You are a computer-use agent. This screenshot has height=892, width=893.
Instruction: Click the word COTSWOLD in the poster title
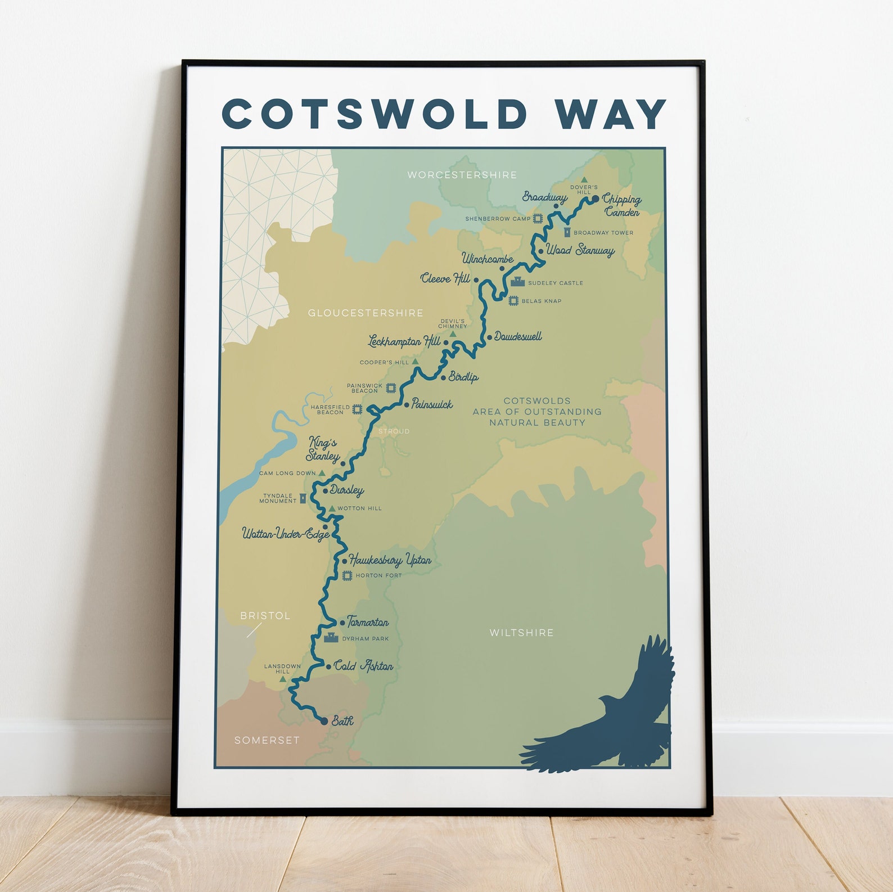coord(374,114)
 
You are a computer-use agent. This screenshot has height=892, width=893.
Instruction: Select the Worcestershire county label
coord(462,175)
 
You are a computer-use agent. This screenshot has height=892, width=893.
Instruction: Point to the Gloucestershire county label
coord(366,313)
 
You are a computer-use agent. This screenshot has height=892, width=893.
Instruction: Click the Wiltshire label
coord(522,633)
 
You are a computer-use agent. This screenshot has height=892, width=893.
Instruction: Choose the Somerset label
coord(267,740)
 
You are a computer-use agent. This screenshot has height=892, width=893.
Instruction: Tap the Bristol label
coord(265,616)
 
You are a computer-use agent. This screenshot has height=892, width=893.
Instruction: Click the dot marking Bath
coord(324,721)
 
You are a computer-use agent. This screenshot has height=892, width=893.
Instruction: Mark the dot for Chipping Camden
coord(596,199)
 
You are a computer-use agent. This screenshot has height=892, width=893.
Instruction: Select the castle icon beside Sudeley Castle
coord(517,282)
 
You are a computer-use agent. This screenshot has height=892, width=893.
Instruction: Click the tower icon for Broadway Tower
coord(567,232)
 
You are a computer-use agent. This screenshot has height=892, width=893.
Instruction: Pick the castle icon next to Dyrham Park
coord(331,638)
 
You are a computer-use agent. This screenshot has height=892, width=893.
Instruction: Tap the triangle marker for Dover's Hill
coord(584,180)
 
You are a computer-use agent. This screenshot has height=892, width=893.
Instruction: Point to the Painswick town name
coord(432,404)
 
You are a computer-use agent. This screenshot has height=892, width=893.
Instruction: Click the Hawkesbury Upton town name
coord(390,560)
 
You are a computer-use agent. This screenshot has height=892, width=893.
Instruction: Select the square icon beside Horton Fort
coord(348,575)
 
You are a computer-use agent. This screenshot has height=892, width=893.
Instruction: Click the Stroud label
coord(394,431)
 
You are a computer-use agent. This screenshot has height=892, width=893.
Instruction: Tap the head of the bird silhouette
coord(607,701)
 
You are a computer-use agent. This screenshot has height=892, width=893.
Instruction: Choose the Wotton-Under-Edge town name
coord(286,533)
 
